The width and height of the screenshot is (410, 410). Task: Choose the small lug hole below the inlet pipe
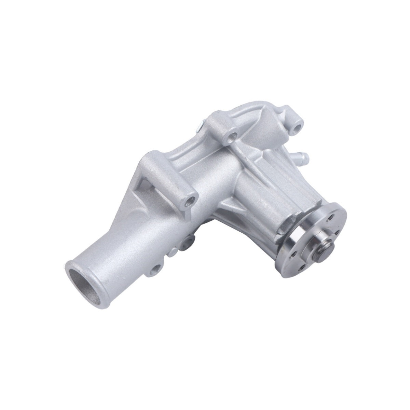click(157, 269)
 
